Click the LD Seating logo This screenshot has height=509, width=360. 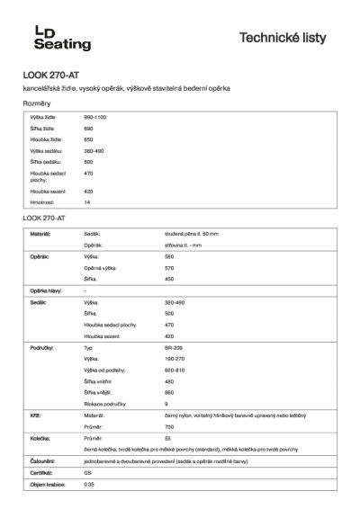pos(60,37)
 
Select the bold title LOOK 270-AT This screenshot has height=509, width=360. pos(47,76)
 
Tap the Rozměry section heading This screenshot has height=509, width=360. pos(36,104)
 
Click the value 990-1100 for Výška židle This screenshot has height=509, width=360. pos(95,118)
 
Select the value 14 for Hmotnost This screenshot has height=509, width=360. pos(87,202)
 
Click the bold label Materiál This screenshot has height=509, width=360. pos(40,233)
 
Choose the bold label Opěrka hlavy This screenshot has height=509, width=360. pos(46,290)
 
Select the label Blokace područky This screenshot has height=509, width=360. pos(103,403)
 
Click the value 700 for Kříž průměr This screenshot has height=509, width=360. pos(169,426)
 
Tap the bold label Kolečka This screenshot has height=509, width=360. pos(40,437)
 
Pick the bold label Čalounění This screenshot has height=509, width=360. pos(42,460)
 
